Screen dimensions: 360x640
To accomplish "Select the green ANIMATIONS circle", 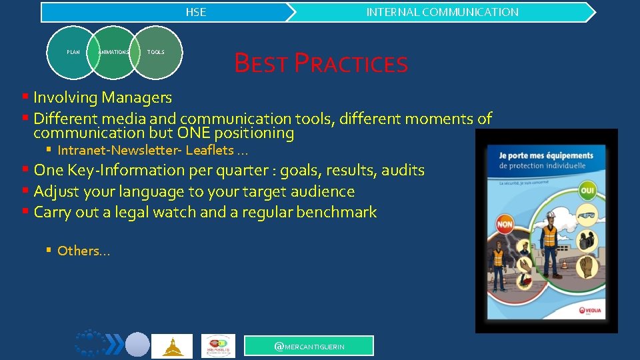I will tap(114, 52).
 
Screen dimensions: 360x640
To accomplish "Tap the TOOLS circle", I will tap(156, 52).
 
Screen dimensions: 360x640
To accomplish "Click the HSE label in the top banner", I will tap(196, 12).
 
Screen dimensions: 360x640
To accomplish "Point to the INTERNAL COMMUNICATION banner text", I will tap(442, 12).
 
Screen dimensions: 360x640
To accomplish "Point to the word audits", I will tap(402, 170).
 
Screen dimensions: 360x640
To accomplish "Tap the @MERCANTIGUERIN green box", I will tap(309, 346).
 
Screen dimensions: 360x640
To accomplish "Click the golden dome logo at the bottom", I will tap(172, 346).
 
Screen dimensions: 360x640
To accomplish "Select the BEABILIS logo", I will tap(218, 346).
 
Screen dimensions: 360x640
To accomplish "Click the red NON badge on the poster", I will tap(505, 225).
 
